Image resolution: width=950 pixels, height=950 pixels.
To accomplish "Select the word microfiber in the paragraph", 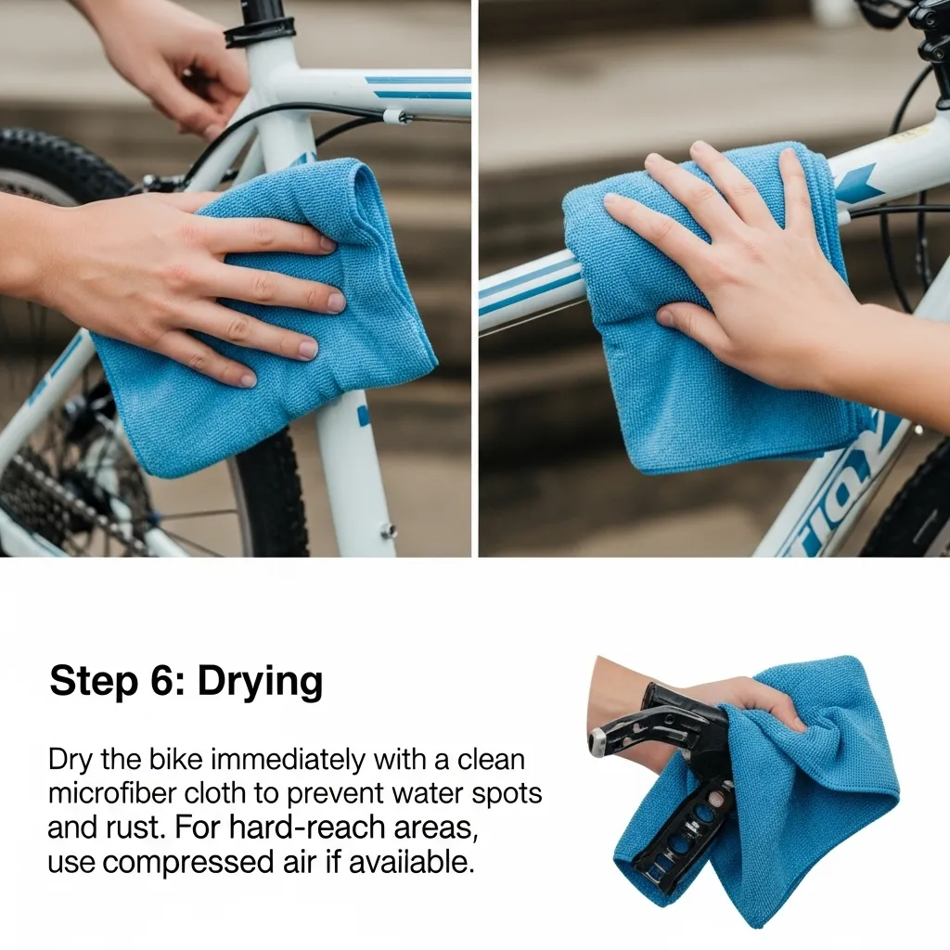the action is click(x=111, y=793).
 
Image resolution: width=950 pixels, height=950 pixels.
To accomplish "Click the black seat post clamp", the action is click(x=260, y=31).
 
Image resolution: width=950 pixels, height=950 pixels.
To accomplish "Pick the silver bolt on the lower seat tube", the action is click(x=387, y=532).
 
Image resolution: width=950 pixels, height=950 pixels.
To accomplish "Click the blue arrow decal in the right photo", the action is click(x=857, y=185).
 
